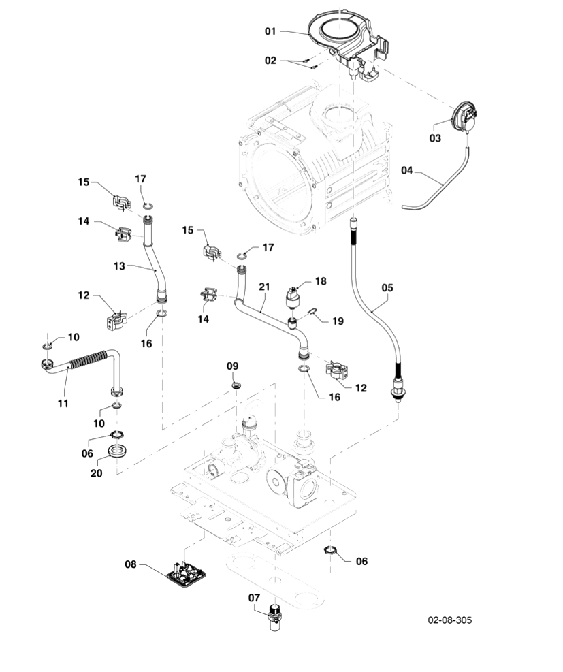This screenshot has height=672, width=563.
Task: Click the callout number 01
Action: (x=271, y=31)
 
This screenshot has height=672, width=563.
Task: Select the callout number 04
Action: (x=407, y=170)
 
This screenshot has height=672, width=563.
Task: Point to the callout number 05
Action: (x=387, y=287)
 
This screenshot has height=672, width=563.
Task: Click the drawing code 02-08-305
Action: (x=449, y=620)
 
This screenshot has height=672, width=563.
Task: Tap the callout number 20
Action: (x=97, y=473)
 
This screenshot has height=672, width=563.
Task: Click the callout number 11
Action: (x=63, y=403)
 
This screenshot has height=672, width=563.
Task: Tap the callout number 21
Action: (x=264, y=287)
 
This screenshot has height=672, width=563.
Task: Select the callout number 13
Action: (x=120, y=266)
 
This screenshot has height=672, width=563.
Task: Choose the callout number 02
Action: (x=271, y=61)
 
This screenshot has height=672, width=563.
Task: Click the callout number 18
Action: (x=321, y=281)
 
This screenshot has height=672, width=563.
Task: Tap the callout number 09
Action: (x=233, y=366)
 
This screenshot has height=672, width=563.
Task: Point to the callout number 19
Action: (x=338, y=320)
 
